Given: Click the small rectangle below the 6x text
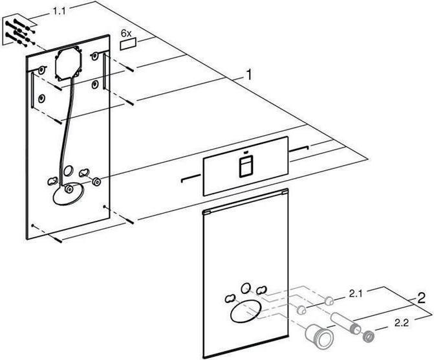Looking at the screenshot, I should tap(129, 44).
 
